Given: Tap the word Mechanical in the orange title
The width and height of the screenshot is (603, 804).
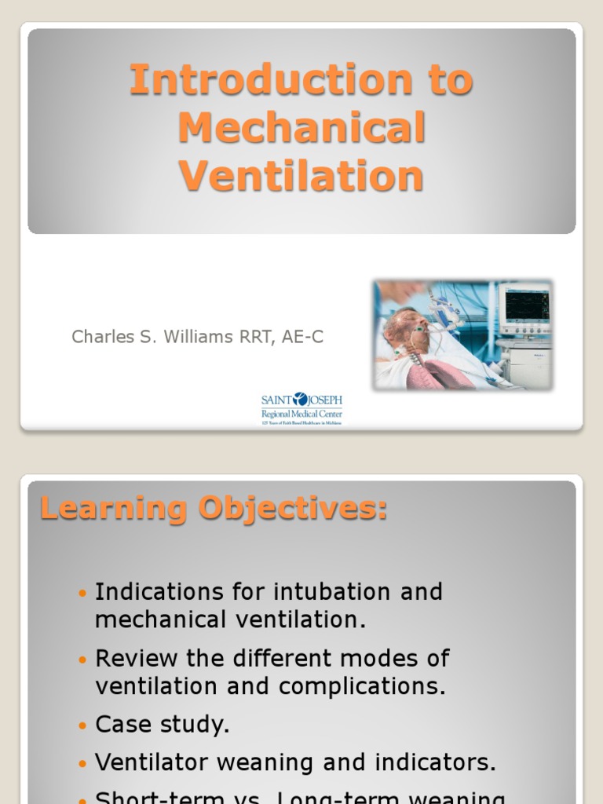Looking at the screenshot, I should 301,128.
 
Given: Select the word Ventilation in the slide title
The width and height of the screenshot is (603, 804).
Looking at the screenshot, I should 301,176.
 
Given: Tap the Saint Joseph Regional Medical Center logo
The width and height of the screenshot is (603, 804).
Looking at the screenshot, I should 301,408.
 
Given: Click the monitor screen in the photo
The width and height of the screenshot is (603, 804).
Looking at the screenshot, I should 526,305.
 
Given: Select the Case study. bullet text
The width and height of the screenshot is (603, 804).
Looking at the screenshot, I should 163,725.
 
